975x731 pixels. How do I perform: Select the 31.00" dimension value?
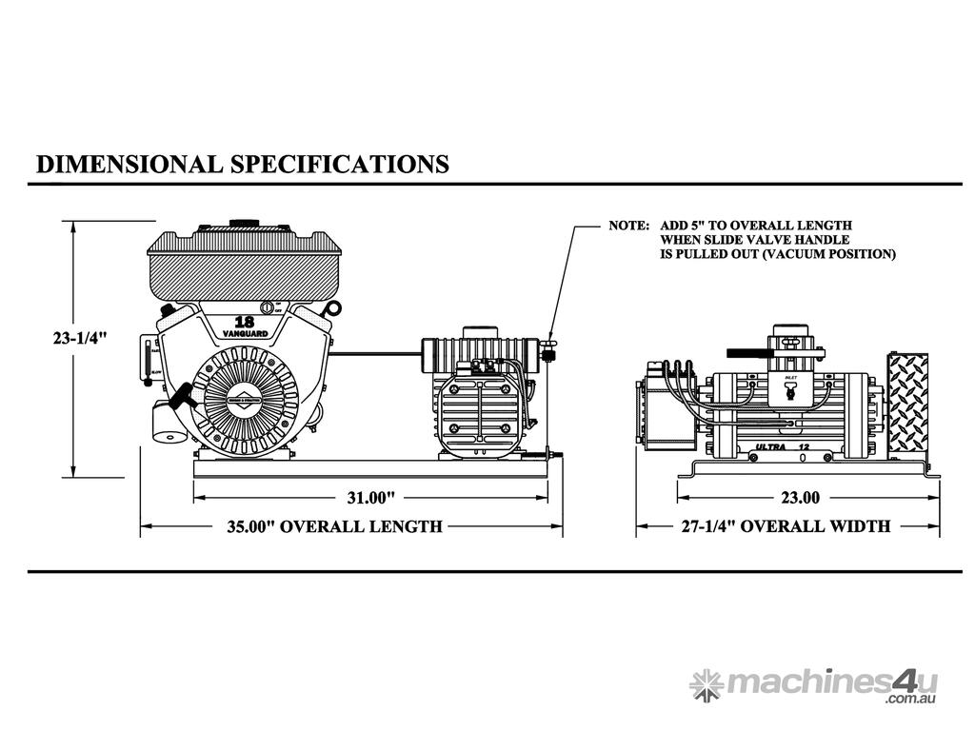point(369,497)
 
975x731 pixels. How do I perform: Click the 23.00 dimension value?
point(800,497)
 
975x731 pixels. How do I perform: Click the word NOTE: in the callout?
point(628,227)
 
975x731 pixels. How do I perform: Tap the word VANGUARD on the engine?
point(244,332)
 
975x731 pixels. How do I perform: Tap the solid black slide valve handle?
point(747,352)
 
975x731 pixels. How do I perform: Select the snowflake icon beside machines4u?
point(706,683)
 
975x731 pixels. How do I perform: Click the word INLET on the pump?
point(789,378)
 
